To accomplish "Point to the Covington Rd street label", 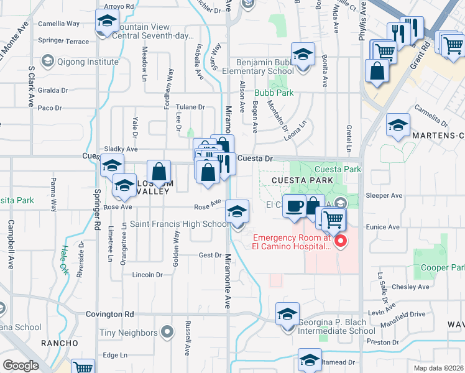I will tap(110, 315).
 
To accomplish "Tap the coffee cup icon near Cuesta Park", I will tap(294, 205).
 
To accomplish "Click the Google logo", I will tap(21, 366).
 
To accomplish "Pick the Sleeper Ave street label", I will tap(385, 195).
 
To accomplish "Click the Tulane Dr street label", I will tap(190, 107).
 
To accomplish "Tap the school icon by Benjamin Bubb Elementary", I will tap(303, 56).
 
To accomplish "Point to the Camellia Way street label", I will tap(59, 24).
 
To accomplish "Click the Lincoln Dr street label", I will tap(147, 274).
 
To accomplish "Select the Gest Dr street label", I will tap(210, 255).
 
